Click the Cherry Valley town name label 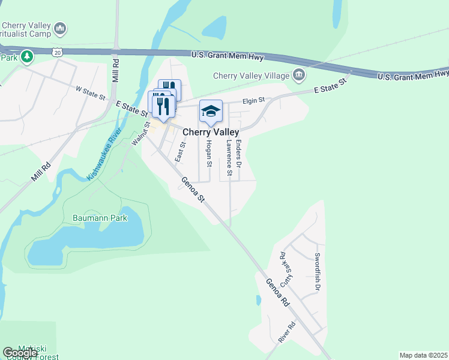[x=211, y=133]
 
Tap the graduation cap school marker [x=211, y=111]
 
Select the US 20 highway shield [x=57, y=52]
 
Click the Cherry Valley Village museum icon [x=298, y=76]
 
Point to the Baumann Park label [x=100, y=218]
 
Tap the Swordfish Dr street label [x=318, y=273]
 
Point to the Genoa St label [x=194, y=190]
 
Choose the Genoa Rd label [x=278, y=293]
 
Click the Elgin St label [x=253, y=101]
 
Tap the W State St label [x=90, y=93]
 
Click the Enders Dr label [x=238, y=153]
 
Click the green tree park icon [x=26, y=57]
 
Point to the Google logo [x=20, y=353]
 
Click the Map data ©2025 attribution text [x=423, y=355]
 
